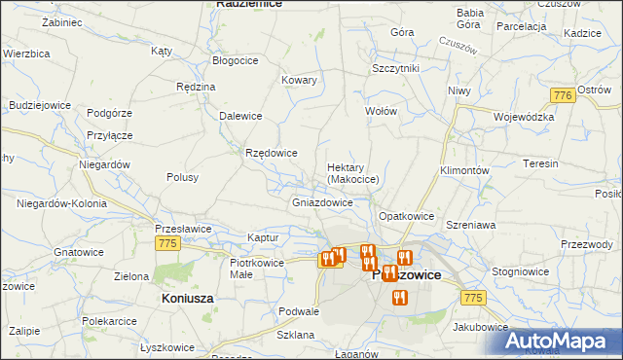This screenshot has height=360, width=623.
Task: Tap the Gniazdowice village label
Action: pos(322,203)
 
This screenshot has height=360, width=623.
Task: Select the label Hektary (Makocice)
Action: pos(359,172)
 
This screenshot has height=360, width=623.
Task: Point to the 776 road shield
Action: pos(561,95)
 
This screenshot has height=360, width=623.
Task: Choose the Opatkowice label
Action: pos(406,215)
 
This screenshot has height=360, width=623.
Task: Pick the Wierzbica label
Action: pos(25,54)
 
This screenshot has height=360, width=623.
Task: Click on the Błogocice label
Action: pos(235,59)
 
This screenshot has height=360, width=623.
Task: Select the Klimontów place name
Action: pos(463,169)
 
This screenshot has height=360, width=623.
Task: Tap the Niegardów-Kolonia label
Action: pos(60,203)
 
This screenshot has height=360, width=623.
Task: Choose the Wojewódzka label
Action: pos(524,117)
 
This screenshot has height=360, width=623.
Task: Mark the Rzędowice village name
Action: pos(272,153)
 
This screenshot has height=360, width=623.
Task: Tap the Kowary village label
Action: pos(299,80)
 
